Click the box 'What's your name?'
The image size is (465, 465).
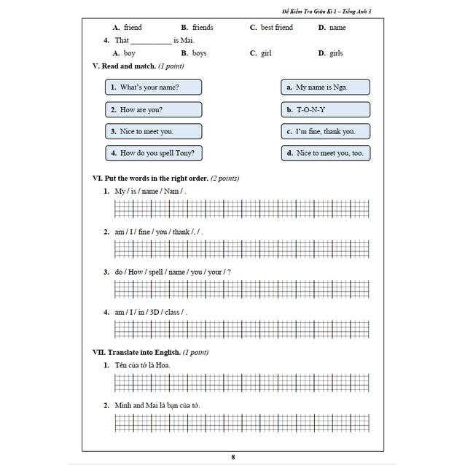(153, 87)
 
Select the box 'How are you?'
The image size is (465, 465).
(153, 110)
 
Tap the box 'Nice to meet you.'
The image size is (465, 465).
(153, 132)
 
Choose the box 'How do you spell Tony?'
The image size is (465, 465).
(153, 154)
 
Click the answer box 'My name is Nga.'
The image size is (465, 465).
(325, 87)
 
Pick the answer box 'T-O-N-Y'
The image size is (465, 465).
(325, 110)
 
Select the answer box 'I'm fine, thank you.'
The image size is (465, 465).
(325, 132)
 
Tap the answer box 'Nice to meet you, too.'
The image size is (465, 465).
(325, 154)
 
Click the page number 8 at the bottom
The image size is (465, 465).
(232, 457)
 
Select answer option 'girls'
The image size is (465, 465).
(335, 53)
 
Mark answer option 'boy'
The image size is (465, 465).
(129, 53)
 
